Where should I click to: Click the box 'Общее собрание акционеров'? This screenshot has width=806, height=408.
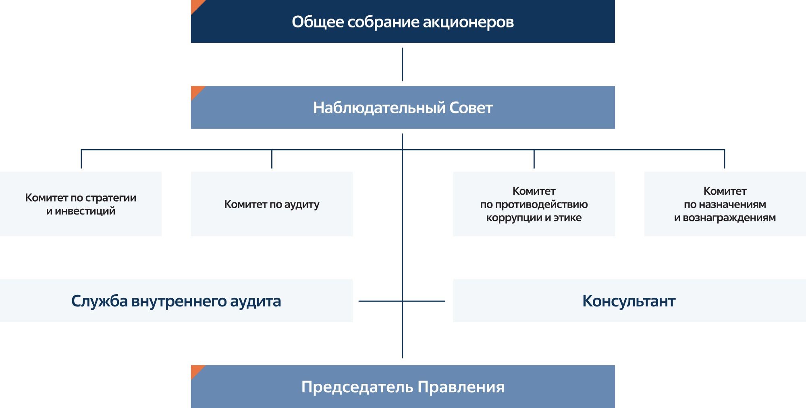pos(403,21)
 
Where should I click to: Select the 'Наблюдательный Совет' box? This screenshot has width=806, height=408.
pos(403,107)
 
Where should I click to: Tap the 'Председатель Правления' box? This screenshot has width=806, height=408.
pos(403,387)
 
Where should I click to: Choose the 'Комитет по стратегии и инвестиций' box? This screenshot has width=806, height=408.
pos(81,204)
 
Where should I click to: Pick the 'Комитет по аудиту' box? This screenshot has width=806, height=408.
pos(272,204)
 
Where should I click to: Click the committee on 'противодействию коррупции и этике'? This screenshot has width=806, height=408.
pos(534,204)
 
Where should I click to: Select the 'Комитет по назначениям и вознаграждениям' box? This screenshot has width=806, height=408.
pos(725,204)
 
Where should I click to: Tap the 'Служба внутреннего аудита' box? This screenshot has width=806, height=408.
pos(176,301)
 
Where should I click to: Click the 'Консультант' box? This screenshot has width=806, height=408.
pos(629,301)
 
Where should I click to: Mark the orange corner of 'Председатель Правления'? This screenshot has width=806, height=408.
pos(196,371)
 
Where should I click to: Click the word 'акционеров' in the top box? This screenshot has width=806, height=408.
pos(468,22)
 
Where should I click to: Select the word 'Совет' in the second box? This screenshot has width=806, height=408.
pos(471,108)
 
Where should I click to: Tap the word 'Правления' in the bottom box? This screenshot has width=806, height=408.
pos(461,387)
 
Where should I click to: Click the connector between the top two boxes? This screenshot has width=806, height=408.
pos(402,65)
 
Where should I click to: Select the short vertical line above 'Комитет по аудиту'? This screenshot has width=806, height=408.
pos(272,159)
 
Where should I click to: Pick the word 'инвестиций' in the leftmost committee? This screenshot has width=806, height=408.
pos(85,211)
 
